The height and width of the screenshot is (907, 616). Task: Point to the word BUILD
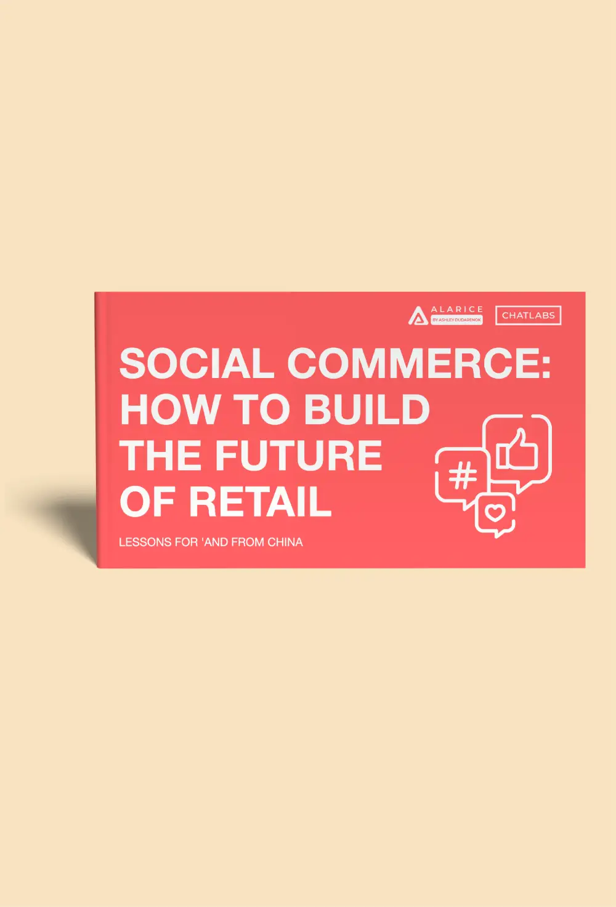pos(367,409)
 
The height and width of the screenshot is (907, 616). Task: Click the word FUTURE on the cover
pos(298,456)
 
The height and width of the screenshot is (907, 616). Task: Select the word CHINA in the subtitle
pos(285,542)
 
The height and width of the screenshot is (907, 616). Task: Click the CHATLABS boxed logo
pos(528,315)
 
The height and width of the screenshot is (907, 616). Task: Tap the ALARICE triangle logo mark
pos(418,315)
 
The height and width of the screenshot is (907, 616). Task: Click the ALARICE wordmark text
pos(456,309)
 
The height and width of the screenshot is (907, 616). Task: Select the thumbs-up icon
pos(518,450)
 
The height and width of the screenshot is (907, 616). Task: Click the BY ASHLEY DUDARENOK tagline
pos(456,321)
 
